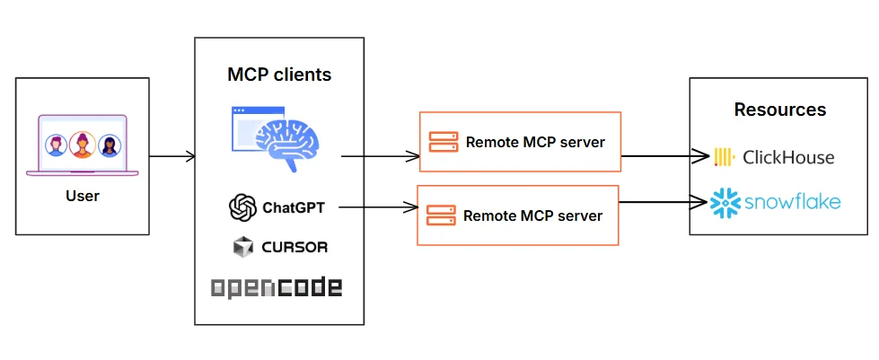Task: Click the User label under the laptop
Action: pyautogui.click(x=82, y=196)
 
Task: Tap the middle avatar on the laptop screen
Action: pyautogui.click(x=82, y=144)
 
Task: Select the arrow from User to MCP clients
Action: pyautogui.click(x=171, y=156)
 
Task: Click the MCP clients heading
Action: pyautogui.click(x=279, y=75)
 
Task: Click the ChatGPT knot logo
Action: pyautogui.click(x=242, y=208)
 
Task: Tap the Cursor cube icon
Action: pyautogui.click(x=242, y=246)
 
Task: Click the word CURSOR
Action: pyautogui.click(x=295, y=247)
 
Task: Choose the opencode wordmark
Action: pyautogui.click(x=277, y=287)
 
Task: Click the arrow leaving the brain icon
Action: pyautogui.click(x=381, y=156)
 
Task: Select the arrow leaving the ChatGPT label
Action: pyautogui.click(x=377, y=208)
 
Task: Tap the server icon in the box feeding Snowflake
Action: pyautogui.click(x=440, y=215)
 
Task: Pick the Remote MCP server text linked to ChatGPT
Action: pyautogui.click(x=532, y=215)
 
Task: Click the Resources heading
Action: pyautogui.click(x=779, y=110)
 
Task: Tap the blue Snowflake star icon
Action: pyautogui.click(x=725, y=203)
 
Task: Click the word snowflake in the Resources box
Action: pyautogui.click(x=793, y=203)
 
